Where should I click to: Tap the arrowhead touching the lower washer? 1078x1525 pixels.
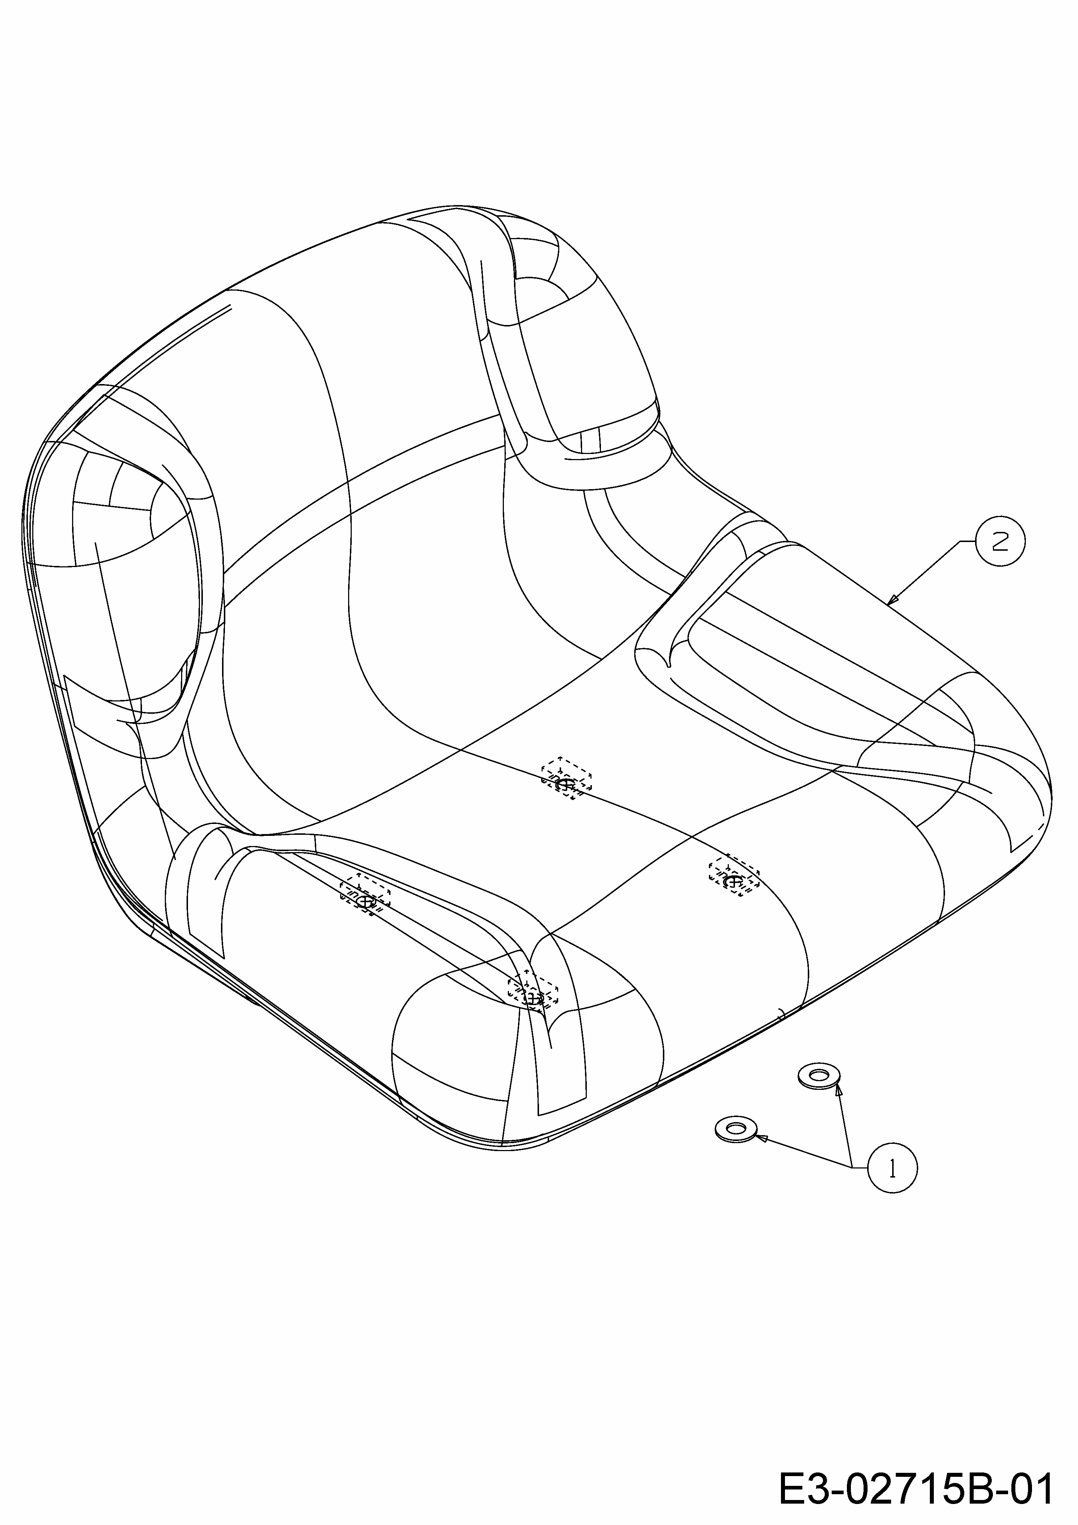(762, 1138)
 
